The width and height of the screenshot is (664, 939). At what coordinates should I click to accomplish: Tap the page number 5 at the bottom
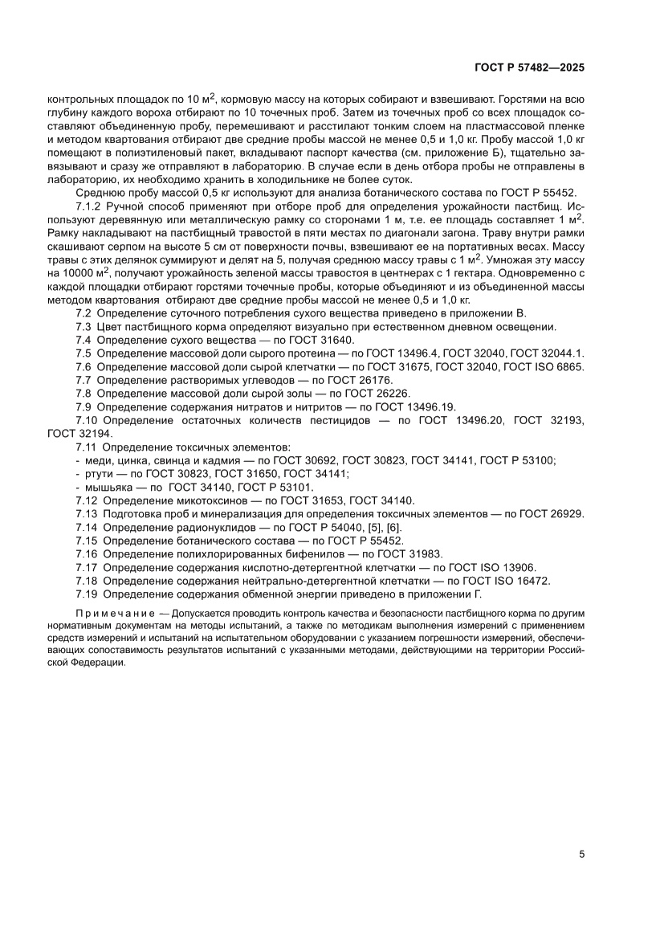tap(580, 855)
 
